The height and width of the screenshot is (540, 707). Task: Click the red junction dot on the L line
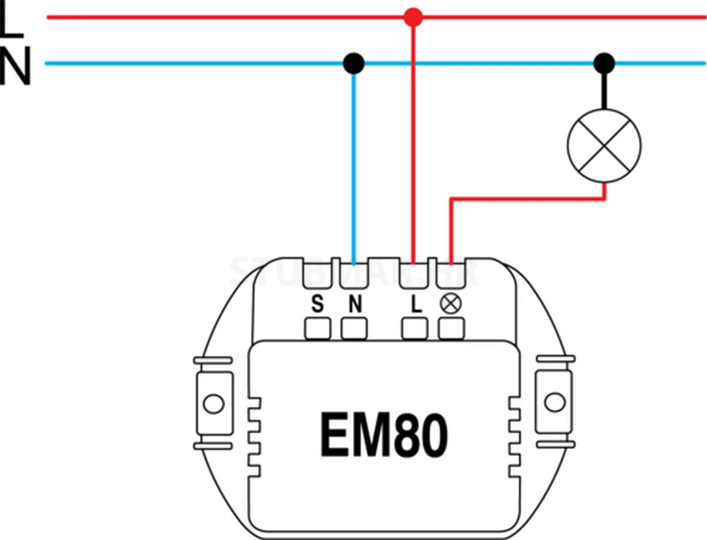click(x=413, y=17)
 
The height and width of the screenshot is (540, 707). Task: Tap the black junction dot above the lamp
click(x=604, y=63)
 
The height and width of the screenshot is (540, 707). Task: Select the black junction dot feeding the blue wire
click(x=354, y=63)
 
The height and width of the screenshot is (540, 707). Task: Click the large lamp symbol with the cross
click(x=604, y=145)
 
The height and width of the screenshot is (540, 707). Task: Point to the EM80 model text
click(x=383, y=435)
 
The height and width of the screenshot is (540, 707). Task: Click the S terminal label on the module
click(x=317, y=303)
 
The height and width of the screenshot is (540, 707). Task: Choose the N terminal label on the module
click(x=354, y=303)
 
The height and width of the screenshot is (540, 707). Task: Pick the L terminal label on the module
click(x=415, y=303)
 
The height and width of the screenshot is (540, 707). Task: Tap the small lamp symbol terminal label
click(x=451, y=303)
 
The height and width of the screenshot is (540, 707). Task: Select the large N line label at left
click(x=15, y=65)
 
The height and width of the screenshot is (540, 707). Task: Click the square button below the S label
click(x=317, y=329)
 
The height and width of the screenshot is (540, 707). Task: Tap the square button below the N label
click(x=354, y=329)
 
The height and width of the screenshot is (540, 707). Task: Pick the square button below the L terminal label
click(x=414, y=329)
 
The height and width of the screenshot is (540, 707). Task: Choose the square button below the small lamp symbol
click(x=451, y=329)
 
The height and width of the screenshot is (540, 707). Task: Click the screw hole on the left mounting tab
click(x=214, y=403)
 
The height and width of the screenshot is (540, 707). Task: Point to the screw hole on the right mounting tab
click(x=554, y=402)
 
